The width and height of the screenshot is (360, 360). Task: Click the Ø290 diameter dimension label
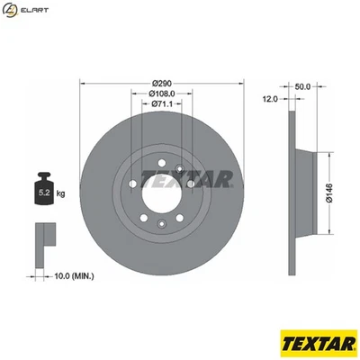162,83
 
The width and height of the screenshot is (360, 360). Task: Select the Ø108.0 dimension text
162,94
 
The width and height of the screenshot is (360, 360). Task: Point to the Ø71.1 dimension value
162,104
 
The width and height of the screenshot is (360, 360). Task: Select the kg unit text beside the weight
61,193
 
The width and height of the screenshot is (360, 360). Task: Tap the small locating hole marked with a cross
180,168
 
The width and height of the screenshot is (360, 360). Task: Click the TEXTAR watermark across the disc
188,178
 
